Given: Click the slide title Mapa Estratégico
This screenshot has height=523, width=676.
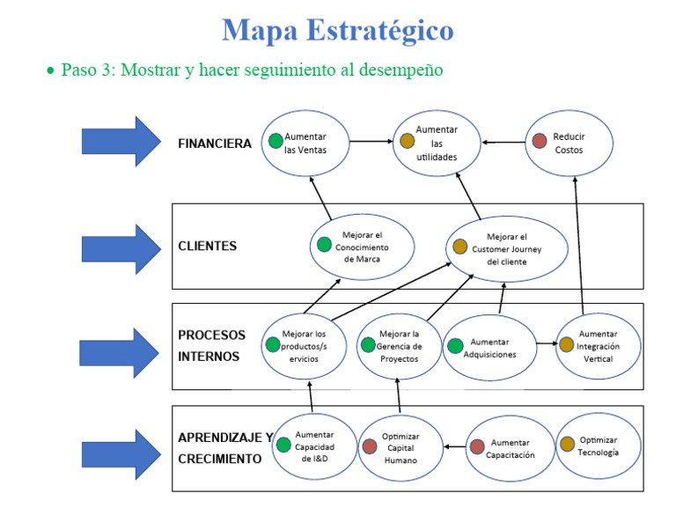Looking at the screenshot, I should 338,30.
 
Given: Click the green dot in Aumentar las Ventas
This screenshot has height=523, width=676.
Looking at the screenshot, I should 276,140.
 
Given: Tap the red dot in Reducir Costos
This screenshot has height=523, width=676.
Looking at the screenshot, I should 540,141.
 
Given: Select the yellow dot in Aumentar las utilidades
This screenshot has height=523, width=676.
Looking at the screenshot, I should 407,141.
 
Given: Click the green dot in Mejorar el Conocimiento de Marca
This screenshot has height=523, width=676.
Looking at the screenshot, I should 324,245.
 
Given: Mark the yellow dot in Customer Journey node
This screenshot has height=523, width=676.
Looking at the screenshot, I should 459,247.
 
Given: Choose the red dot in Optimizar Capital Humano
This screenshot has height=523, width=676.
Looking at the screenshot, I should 370,446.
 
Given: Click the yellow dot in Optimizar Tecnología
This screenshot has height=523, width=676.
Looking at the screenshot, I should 567,444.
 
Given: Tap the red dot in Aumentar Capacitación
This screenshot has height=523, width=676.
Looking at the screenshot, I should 476,446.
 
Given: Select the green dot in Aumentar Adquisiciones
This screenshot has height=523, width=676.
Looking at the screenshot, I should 455,346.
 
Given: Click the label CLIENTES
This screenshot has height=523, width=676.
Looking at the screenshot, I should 207,247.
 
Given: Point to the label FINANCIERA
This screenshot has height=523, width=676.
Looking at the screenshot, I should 214,144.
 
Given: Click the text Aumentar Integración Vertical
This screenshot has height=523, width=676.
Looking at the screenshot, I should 598,346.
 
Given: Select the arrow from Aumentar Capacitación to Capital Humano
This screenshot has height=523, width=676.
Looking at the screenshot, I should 453,447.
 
